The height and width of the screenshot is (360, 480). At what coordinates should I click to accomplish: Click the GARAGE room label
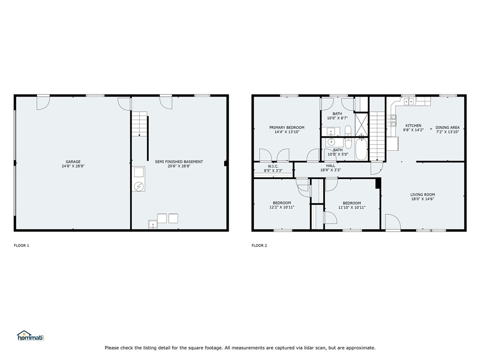click(73, 162)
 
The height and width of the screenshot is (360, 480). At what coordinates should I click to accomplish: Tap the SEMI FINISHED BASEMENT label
click(179, 162)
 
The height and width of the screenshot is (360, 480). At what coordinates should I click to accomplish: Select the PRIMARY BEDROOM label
click(287, 127)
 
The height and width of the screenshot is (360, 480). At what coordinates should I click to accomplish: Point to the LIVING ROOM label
click(422, 195)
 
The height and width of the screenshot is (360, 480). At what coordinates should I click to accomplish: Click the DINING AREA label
click(448, 127)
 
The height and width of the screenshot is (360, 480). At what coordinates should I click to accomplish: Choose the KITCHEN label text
click(413, 126)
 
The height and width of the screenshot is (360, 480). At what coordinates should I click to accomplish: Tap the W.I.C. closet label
click(273, 166)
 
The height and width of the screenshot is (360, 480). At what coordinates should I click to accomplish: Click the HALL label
click(330, 165)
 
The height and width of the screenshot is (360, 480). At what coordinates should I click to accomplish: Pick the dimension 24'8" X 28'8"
click(73, 166)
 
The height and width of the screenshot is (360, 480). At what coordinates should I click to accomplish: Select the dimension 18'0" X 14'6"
click(422, 199)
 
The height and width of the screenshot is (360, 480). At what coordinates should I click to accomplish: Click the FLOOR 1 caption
click(22, 246)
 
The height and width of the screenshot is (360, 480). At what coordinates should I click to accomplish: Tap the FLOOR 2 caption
click(259, 246)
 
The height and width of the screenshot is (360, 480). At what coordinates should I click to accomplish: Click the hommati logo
click(30, 336)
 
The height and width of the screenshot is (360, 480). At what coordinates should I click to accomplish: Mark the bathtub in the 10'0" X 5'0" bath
click(361, 149)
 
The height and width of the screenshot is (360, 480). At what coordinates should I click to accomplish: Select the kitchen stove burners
click(392, 120)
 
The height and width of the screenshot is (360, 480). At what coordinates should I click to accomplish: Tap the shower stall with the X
click(361, 124)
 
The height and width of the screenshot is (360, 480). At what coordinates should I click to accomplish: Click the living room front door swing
click(393, 222)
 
